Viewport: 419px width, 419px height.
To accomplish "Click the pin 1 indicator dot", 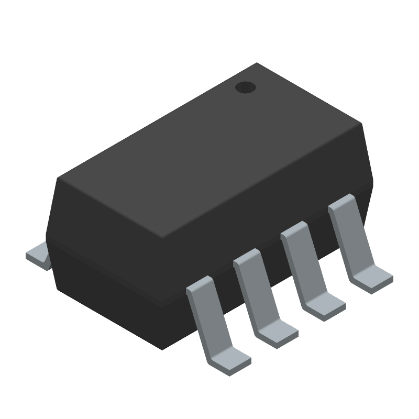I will click(x=245, y=88).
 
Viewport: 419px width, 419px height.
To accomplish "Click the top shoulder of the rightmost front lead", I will click(x=341, y=202).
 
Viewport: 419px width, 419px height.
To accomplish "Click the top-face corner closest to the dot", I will click(x=257, y=63).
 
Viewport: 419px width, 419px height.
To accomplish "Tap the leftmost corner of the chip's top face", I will click(x=58, y=178).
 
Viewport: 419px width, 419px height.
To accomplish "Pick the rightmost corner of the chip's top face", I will click(x=362, y=125).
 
